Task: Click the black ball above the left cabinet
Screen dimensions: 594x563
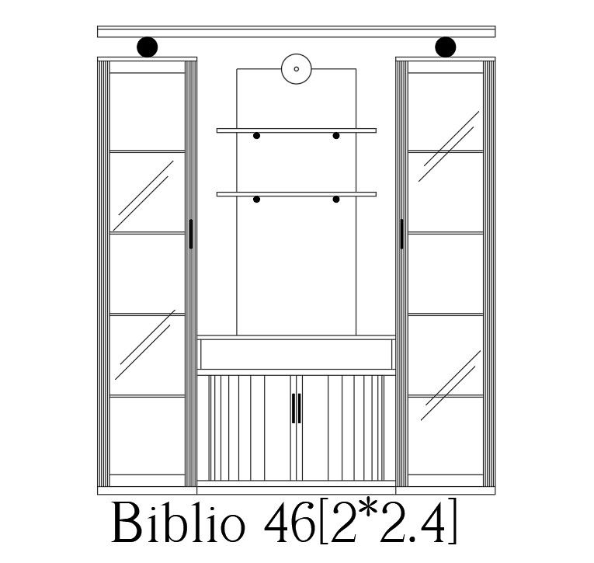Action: pyautogui.click(x=148, y=47)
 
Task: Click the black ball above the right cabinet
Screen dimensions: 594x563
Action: pyautogui.click(x=445, y=47)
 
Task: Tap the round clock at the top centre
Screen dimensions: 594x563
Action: pyautogui.click(x=297, y=68)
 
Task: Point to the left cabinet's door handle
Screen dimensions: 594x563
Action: pyautogui.click(x=191, y=234)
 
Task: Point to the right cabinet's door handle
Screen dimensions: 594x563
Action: pyautogui.click(x=401, y=234)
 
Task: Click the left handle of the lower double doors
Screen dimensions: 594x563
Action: pyautogui.click(x=293, y=408)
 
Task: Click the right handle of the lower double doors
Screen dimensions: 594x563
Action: pyautogui.click(x=300, y=408)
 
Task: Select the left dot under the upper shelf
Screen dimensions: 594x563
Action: pyautogui.click(x=256, y=136)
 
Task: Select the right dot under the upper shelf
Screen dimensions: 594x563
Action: pyautogui.click(x=336, y=136)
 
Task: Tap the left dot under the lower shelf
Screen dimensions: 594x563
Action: pyautogui.click(x=256, y=200)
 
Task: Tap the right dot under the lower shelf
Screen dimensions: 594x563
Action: pyautogui.click(x=336, y=200)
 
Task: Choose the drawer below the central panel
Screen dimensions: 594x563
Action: pyautogui.click(x=297, y=354)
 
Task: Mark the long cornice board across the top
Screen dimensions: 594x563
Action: pyautogui.click(x=296, y=32)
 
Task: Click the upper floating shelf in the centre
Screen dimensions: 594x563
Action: pyautogui.click(x=296, y=130)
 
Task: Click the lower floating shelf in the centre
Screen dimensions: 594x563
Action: pyautogui.click(x=296, y=194)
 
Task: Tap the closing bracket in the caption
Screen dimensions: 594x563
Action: pyautogui.click(x=450, y=524)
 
